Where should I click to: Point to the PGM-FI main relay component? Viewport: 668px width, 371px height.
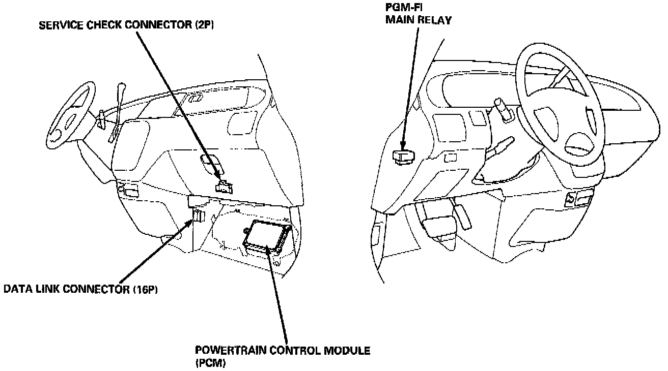click(x=404, y=156)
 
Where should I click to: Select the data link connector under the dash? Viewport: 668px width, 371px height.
click(x=198, y=218)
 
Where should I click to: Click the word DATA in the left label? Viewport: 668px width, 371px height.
click(x=16, y=290)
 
